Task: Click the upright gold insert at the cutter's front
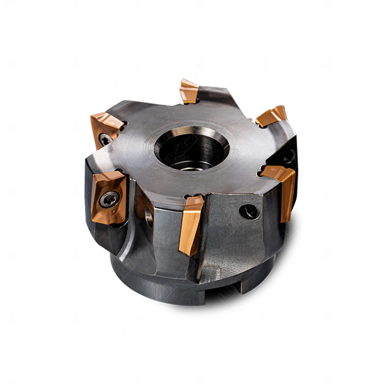pos(191,225)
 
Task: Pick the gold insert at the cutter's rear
pos(189,92)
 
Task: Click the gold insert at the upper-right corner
pos(272,116)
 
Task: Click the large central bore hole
pos(192,148)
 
